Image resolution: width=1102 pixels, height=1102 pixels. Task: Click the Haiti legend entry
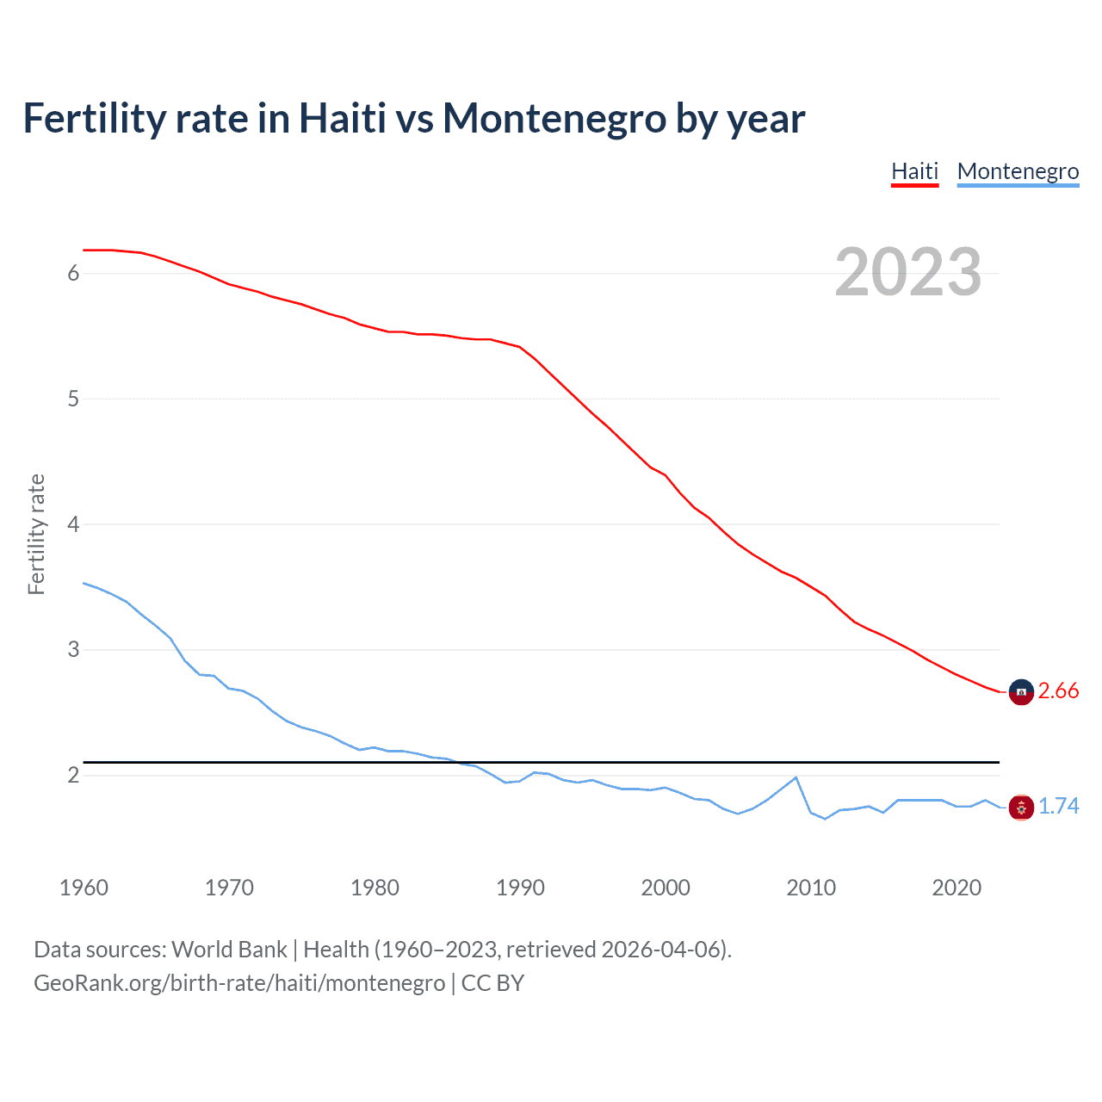click(x=914, y=171)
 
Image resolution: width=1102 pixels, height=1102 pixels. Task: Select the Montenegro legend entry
click(x=1018, y=171)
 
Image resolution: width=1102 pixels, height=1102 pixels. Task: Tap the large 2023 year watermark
click(x=907, y=272)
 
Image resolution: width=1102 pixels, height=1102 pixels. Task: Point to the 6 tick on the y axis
click(x=73, y=274)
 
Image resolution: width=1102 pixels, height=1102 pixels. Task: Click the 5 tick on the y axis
click(x=73, y=399)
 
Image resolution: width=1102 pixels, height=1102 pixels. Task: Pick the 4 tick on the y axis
click(x=73, y=524)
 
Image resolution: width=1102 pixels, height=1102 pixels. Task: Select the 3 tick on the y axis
click(x=73, y=649)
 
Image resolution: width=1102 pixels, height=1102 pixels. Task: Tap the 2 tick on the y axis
click(x=73, y=775)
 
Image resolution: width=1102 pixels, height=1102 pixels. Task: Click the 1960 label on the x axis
click(x=84, y=888)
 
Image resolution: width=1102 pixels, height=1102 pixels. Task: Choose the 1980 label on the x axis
click(x=375, y=888)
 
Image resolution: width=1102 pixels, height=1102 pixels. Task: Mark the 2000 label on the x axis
click(x=666, y=888)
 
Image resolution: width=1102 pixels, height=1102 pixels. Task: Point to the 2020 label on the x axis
click(x=957, y=888)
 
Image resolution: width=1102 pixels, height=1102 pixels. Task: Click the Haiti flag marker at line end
click(x=1021, y=692)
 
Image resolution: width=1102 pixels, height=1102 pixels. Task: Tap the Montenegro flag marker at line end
click(x=1021, y=808)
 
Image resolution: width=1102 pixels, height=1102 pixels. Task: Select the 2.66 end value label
click(x=1058, y=691)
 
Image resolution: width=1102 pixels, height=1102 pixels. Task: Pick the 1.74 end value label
click(x=1058, y=807)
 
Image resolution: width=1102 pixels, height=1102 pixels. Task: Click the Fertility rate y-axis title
click(x=36, y=534)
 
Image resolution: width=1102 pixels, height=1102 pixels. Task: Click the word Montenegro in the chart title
click(x=554, y=119)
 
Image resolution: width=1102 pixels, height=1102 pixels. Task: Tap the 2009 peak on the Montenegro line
click(x=796, y=777)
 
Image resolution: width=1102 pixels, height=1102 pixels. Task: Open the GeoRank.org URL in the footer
click(x=239, y=983)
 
